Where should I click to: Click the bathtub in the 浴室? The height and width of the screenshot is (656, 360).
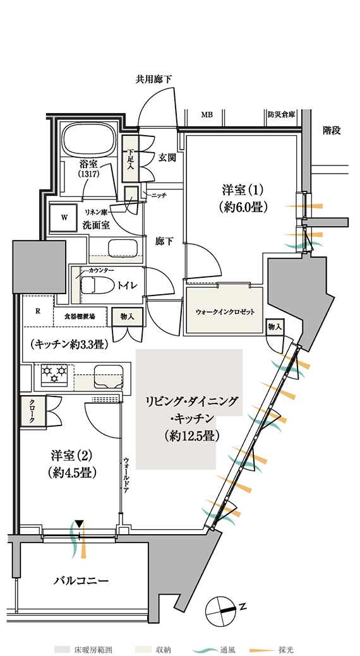pos(89,140)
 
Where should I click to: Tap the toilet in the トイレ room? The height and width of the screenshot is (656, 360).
pos(95,286)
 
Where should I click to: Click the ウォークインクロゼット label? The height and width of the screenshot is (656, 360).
pos(225,312)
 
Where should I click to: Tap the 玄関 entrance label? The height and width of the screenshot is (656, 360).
pos(167,158)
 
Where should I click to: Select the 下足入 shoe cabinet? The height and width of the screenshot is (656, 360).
pos(129,158)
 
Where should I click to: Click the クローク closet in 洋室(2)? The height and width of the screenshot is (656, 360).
pos(33,410)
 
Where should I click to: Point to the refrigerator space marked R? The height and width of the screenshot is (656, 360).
pos(38,311)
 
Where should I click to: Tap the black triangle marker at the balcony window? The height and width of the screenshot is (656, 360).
pos(80,523)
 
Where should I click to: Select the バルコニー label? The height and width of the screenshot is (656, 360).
pos(81,581)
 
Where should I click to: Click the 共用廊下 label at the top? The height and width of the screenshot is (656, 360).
pos(153,79)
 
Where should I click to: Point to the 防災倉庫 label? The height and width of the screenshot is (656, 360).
pos(280,114)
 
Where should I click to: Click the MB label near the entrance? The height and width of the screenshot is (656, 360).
pos(206,114)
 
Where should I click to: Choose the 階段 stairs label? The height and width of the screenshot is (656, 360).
pos(332,131)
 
